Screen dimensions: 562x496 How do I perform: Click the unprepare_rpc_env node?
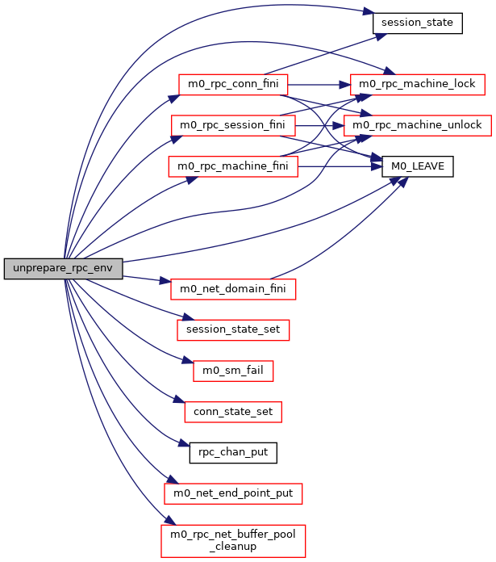(63, 269)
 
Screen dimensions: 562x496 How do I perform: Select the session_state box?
(417, 23)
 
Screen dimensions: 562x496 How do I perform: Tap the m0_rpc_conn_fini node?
(232, 85)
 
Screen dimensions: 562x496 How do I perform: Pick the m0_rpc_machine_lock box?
(418, 83)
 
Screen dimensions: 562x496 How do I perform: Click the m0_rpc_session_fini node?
(233, 125)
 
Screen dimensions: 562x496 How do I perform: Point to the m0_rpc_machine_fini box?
(232, 166)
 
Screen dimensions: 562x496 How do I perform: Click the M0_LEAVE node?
(418, 166)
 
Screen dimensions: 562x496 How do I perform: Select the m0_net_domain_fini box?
(233, 287)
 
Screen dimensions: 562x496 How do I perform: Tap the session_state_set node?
(233, 329)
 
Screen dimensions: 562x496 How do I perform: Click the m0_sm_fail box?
(233, 371)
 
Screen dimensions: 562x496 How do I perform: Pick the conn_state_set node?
(233, 412)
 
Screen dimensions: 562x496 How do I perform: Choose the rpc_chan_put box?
(233, 452)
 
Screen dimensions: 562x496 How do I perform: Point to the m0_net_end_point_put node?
(233, 493)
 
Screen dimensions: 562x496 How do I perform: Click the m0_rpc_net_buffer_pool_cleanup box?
(233, 539)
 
